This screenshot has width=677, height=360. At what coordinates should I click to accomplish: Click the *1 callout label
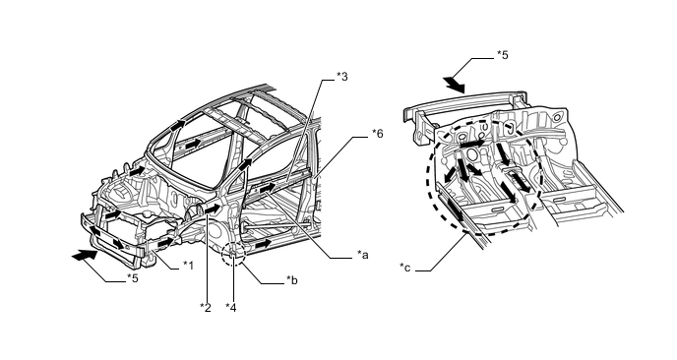188,265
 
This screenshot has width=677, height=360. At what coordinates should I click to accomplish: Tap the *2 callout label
206,307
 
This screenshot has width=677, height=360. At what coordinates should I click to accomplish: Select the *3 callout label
342,77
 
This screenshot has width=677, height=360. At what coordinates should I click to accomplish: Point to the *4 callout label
231,307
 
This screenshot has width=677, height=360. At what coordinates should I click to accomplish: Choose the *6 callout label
377,134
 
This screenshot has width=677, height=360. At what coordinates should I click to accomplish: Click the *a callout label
363,255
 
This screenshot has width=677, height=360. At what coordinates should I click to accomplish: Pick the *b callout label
292,280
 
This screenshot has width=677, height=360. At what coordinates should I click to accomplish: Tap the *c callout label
405,269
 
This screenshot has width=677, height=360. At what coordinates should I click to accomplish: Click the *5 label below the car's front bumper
133,278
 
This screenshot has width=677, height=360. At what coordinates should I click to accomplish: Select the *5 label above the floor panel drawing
502,55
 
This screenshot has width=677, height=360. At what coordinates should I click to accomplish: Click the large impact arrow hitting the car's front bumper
85,255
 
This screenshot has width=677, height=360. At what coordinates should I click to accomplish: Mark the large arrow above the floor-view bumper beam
455,85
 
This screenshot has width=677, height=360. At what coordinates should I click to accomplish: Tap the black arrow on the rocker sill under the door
263,244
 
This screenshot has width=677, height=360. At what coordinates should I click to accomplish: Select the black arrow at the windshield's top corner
177,125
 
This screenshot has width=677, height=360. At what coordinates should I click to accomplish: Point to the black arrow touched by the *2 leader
213,209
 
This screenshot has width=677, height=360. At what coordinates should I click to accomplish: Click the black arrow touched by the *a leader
268,188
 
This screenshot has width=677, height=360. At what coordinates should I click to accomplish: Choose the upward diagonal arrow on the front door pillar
245,164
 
